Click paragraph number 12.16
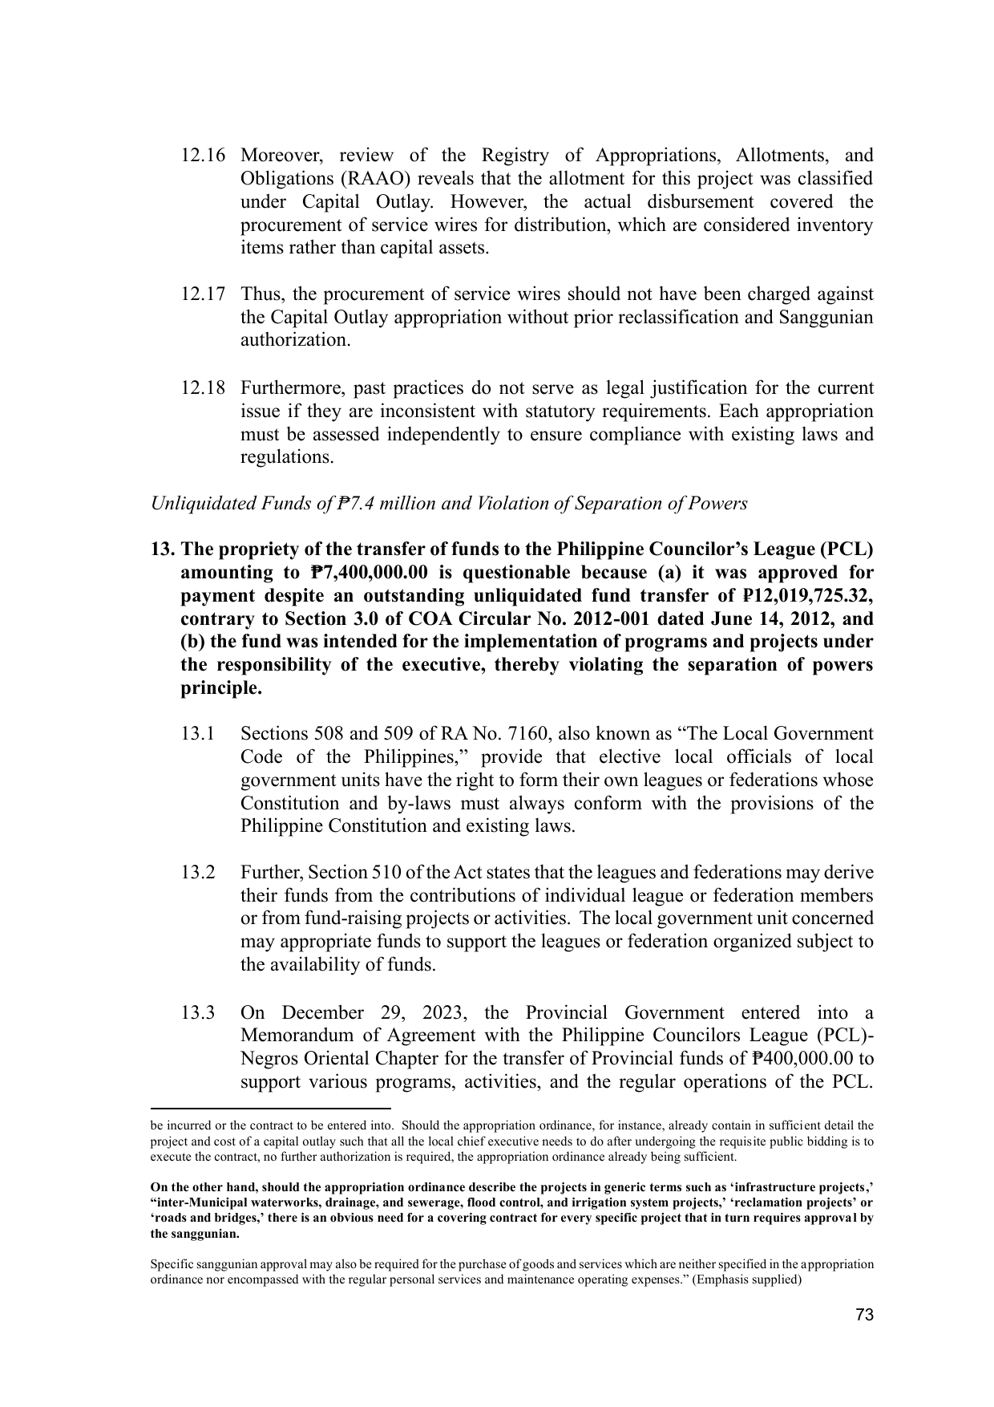[x=202, y=155]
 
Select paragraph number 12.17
[x=202, y=294]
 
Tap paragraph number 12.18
[x=202, y=389]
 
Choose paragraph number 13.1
[x=197, y=735]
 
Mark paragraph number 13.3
[x=197, y=1013]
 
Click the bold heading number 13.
[x=163, y=549]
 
